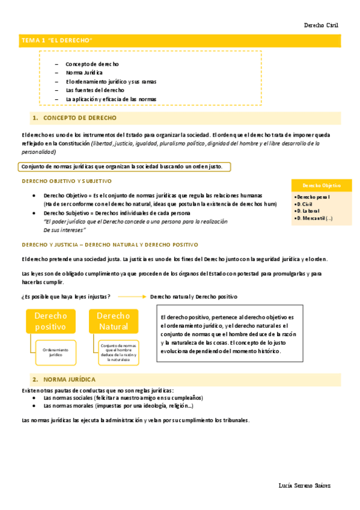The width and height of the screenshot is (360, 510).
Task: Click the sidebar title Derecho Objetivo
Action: coord(321,186)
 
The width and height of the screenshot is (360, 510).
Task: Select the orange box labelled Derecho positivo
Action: coord(50,321)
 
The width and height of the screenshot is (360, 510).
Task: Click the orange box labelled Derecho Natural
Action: coord(113,321)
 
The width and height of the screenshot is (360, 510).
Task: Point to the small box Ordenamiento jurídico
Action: coord(55,352)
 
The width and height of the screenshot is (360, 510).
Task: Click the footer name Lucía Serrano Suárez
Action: coord(305,485)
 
